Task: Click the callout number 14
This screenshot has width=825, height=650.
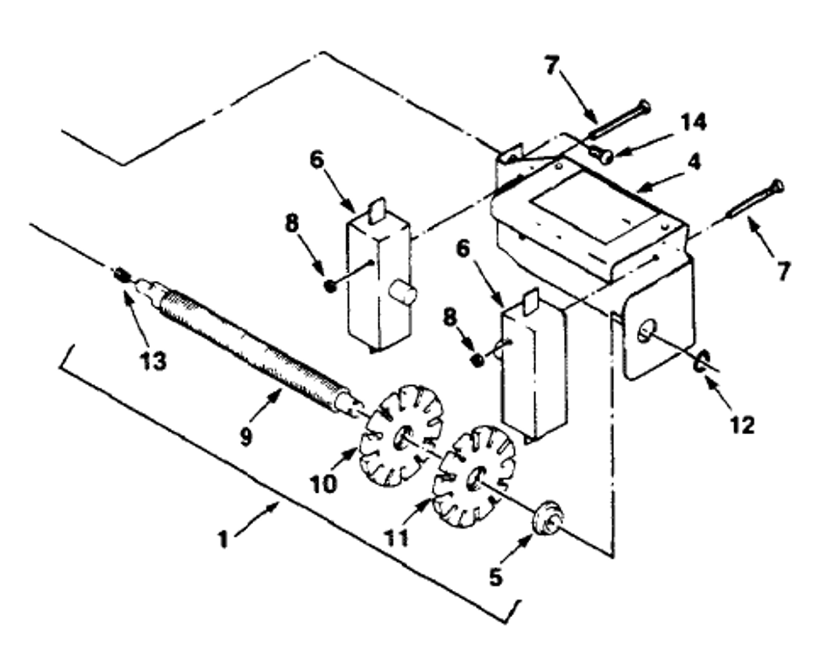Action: point(693,122)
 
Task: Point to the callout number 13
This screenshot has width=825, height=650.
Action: point(154,361)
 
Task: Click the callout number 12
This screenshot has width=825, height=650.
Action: point(743,425)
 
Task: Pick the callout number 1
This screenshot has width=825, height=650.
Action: point(223,539)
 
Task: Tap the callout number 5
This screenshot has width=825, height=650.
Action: point(495,577)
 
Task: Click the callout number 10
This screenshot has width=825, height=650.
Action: point(323,482)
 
